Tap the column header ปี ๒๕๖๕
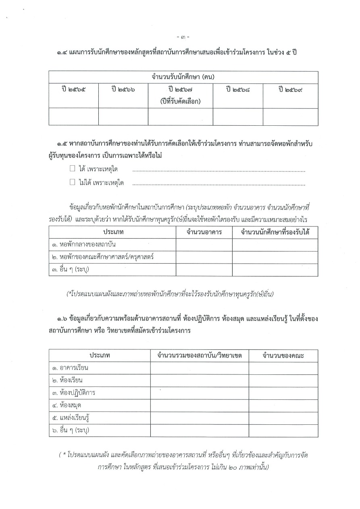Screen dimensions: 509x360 point(73,90)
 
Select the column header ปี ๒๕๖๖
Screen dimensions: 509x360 point(123,90)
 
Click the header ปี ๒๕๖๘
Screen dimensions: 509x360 point(238,90)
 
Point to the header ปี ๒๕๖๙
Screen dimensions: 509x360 point(290,90)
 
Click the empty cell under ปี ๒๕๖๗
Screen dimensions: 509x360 point(180,117)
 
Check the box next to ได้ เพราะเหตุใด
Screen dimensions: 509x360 point(73,168)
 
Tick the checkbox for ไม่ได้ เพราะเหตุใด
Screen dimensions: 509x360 point(73,182)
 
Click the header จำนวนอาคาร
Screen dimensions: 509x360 point(204,232)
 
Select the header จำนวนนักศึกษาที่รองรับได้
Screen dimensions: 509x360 point(275,232)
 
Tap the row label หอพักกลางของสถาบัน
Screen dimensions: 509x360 point(81,245)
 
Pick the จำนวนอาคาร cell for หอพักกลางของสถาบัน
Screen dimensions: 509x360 point(204,245)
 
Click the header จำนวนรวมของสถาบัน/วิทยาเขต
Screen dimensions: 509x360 point(199,355)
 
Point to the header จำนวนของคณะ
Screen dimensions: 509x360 point(283,355)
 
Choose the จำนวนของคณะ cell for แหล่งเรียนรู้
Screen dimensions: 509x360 point(283,418)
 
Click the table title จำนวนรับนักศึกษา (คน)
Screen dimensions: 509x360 point(183,77)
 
